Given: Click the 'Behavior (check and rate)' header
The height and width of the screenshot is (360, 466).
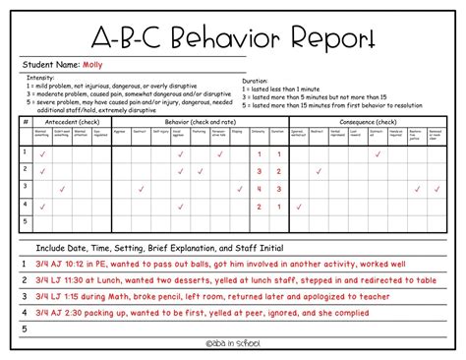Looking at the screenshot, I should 203,121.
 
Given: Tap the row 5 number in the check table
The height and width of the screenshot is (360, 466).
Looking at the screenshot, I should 25,222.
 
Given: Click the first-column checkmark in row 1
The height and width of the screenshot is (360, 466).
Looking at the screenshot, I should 42,154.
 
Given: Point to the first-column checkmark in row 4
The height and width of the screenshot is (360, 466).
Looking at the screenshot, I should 42,206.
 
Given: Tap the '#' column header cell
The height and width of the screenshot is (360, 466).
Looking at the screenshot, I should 25,121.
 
